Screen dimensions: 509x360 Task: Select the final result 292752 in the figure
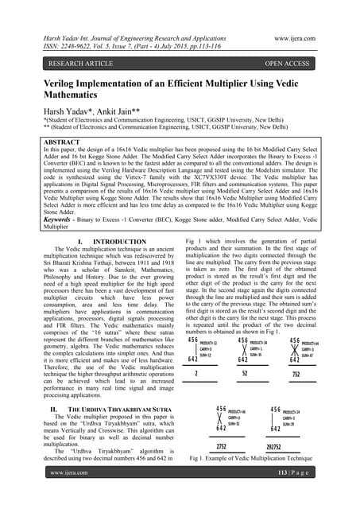[280, 447]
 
